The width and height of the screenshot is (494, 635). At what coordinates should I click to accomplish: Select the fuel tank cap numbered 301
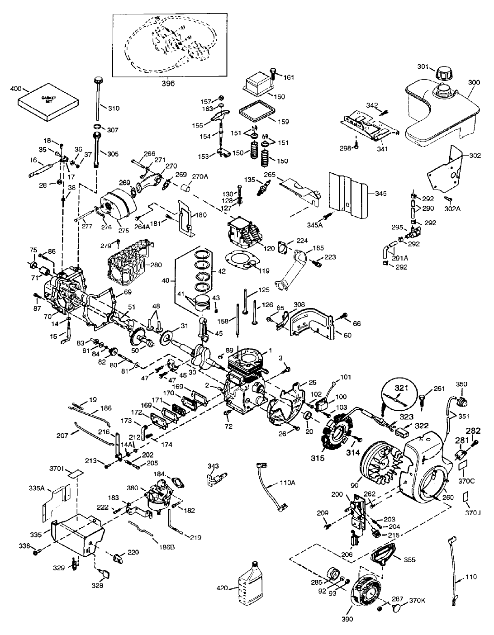click(442, 72)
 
